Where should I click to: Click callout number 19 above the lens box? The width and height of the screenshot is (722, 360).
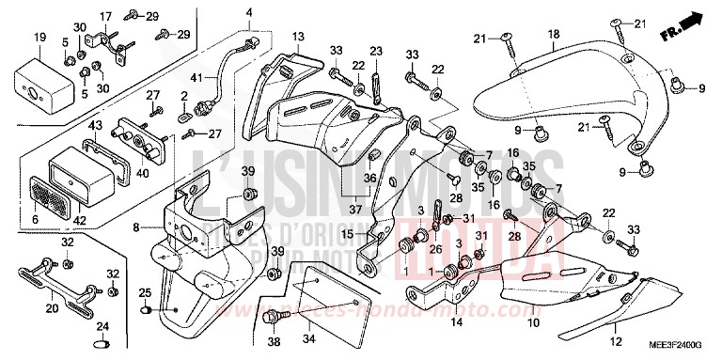[40, 37]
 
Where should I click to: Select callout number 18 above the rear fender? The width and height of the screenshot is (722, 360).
[554, 34]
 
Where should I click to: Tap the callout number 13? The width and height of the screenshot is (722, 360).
[297, 37]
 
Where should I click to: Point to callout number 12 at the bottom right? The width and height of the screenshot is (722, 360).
[616, 341]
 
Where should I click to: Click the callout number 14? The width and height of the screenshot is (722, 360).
[455, 322]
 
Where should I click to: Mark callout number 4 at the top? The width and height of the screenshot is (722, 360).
[250, 12]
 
